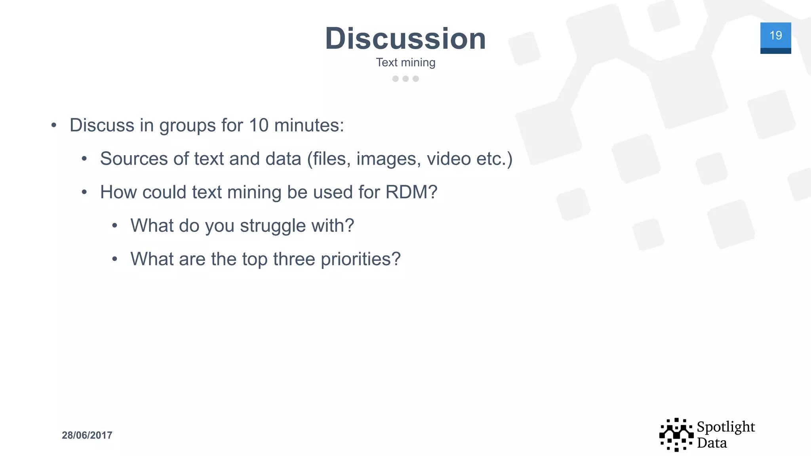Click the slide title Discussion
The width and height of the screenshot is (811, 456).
coord(405,38)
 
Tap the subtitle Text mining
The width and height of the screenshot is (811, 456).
coord(405,63)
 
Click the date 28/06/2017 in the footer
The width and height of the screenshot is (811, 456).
coord(87,435)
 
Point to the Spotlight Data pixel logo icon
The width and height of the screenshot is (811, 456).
coord(676,435)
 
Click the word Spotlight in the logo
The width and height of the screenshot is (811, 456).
coord(725,427)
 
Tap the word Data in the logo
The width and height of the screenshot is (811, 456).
coord(712,443)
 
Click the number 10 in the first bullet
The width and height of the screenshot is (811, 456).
coord(259,125)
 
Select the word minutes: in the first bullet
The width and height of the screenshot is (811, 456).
coord(309,125)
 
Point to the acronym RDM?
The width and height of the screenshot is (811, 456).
coord(411,192)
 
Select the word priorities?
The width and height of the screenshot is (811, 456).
coord(361,260)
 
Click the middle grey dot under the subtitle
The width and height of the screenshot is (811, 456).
coord(405,79)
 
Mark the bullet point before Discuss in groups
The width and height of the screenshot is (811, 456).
coord(54,126)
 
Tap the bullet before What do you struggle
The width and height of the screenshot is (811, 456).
coord(114,226)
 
